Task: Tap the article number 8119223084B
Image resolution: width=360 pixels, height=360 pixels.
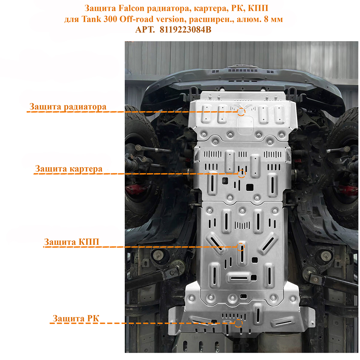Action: [x=185, y=30]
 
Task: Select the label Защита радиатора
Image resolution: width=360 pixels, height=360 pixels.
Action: [x=68, y=107]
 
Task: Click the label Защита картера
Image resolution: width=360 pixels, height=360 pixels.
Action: [x=69, y=169]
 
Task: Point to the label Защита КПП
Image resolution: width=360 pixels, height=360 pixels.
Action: [x=72, y=242]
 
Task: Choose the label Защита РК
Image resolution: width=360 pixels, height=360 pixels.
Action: [x=76, y=318]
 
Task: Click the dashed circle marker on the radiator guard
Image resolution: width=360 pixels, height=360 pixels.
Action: [x=241, y=112]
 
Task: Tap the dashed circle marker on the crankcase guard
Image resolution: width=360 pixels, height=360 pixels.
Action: [x=241, y=174]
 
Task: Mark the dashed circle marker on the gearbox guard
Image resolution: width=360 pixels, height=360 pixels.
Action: [x=241, y=247]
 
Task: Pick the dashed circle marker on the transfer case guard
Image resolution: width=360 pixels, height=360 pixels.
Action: [x=238, y=323]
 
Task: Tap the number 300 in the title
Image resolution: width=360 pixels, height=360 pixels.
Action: [x=110, y=19]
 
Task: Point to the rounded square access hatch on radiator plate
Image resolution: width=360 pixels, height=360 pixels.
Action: [x=245, y=125]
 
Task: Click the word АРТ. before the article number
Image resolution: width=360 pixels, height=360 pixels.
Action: [x=145, y=30]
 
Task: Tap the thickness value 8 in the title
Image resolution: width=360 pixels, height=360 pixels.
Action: [x=266, y=19]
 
